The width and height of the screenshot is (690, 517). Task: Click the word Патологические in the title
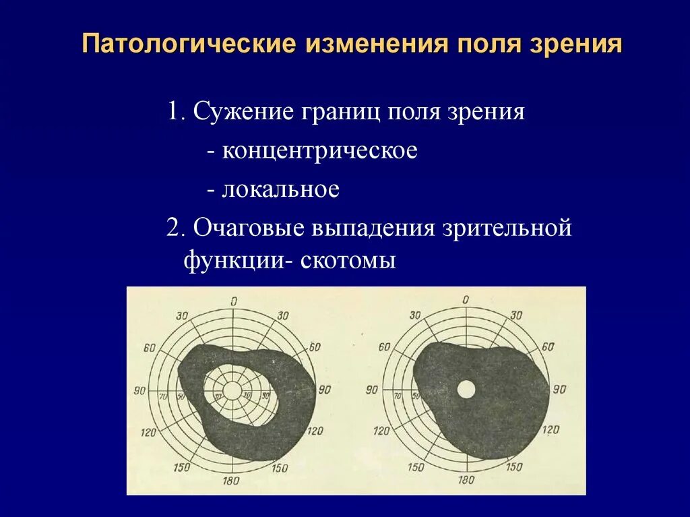pos(190,44)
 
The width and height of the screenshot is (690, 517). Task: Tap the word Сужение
pos(238,112)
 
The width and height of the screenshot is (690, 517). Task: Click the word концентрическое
pos(320,150)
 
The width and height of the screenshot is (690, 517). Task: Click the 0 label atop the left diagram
pos(233,301)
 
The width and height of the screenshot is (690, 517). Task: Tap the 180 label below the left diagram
pos(232,480)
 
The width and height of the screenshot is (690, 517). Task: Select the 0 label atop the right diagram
pos(466,300)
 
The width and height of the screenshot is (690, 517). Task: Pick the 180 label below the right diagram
pos(466,480)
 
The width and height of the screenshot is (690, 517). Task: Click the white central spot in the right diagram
pos(466,389)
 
